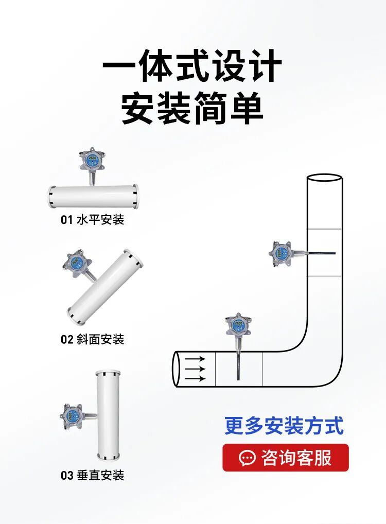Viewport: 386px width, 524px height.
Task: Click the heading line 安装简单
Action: tap(192, 109)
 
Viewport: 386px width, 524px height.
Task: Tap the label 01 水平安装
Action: tap(93, 220)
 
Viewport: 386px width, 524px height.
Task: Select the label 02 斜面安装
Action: tap(93, 339)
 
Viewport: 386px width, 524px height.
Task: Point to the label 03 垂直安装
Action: tap(93, 475)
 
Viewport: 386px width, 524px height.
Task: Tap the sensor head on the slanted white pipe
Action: tap(75, 263)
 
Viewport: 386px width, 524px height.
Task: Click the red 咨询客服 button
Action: tap(286, 458)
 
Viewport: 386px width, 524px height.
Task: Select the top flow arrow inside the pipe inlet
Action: tap(196, 359)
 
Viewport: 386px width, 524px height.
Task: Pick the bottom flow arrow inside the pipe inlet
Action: tap(196, 379)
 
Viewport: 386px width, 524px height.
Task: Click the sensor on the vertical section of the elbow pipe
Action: tap(280, 252)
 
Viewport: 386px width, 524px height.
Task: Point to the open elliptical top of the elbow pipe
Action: tap(324, 178)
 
